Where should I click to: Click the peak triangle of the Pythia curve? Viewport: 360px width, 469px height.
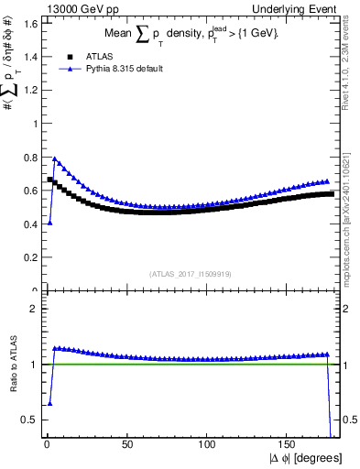tap(54, 158)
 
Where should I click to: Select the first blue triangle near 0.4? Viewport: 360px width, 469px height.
tap(49, 223)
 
